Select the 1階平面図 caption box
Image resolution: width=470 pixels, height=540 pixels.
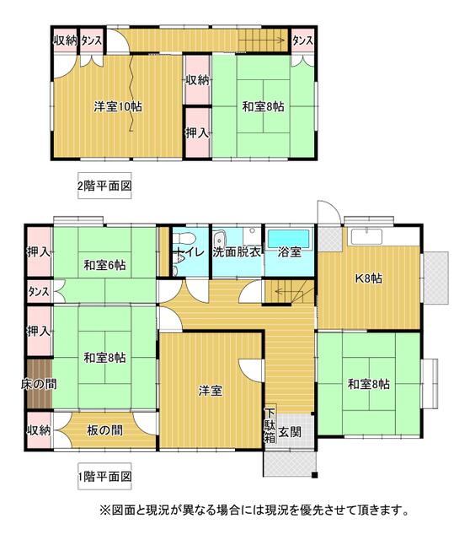click(105, 477)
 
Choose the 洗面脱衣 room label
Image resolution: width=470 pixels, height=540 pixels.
click(238, 251)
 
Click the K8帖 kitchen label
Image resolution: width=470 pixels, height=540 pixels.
click(367, 278)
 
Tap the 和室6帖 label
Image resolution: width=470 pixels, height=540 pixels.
click(104, 265)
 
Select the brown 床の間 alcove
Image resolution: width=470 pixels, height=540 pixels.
click(39, 384)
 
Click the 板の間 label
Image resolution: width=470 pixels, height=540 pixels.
click(104, 430)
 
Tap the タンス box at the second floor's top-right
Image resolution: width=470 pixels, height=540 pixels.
click(303, 40)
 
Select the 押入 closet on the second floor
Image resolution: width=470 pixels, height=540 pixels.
click(197, 132)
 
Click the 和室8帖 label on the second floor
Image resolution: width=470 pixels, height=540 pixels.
click(263, 106)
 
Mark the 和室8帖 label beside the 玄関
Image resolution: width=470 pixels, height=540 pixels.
click(369, 384)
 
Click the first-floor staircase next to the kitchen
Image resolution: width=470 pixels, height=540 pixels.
click(291, 292)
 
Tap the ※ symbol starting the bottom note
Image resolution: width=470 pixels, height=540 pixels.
click(105, 510)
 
